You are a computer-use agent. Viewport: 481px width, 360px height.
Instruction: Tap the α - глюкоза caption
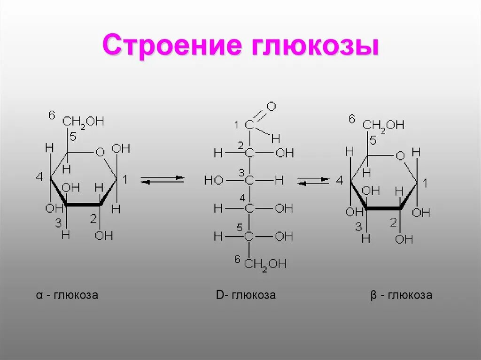pos(67,296)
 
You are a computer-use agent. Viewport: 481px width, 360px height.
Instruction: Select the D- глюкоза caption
pos(246,296)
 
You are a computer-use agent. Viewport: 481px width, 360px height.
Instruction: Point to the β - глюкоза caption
pos(401,296)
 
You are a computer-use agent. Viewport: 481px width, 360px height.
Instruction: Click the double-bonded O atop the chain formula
pos(271,106)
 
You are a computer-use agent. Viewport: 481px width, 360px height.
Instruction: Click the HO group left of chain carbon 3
pos(214,180)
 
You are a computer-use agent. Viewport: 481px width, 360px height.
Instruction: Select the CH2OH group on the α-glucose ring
pos(84,122)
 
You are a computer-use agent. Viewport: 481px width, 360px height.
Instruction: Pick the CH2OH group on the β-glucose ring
pos(383,125)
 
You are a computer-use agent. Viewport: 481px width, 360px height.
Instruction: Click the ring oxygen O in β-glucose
pos(400,155)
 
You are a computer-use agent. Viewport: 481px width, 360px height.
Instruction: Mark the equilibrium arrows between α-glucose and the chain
pos(162,180)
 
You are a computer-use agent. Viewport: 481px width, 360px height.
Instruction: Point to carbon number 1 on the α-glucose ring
pos(125,179)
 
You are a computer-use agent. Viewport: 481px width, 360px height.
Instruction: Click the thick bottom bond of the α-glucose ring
pos(84,205)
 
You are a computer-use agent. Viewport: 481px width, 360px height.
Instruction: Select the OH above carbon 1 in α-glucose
pos(121,149)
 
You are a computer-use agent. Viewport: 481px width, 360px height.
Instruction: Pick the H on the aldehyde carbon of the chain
pos(275,138)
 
